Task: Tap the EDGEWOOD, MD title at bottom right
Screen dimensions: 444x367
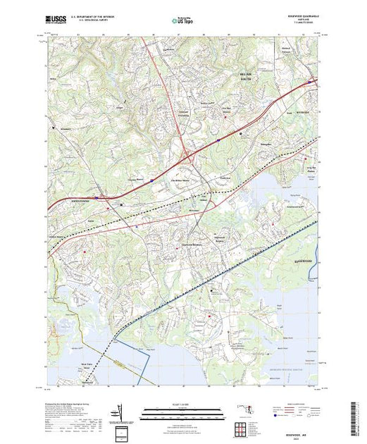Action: pos(301,433)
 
